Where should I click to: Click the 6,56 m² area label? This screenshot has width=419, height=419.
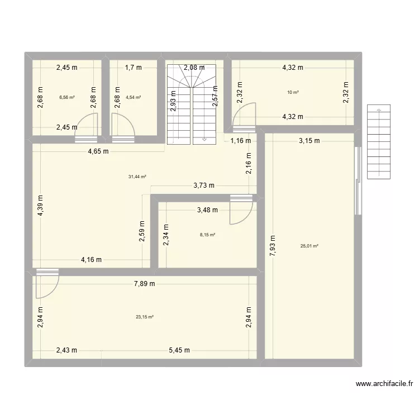tap(67, 97)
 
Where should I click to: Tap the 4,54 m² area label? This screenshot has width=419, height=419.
tap(134, 97)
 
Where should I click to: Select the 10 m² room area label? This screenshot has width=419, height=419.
tap(293, 92)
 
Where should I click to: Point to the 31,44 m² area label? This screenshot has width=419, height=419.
tap(137, 177)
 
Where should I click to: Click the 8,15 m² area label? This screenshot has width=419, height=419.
tap(208, 235)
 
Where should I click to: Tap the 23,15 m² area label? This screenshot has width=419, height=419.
tap(144, 317)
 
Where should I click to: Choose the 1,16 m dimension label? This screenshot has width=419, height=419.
tap(240, 141)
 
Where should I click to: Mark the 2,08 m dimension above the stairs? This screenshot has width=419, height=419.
tap(194, 68)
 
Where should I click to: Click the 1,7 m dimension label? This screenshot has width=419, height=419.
tap(133, 68)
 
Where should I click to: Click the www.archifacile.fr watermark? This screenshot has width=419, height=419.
tap(385, 384)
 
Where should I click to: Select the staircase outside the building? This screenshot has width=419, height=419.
tap(379, 142)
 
